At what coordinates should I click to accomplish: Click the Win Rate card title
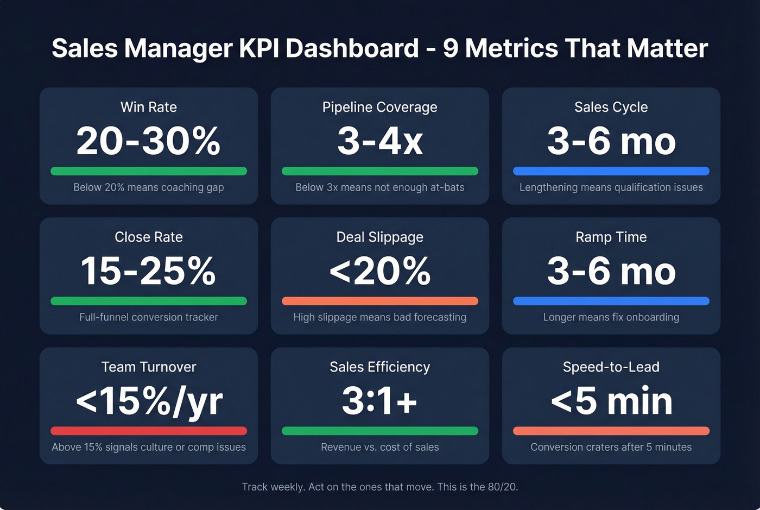click(148, 107)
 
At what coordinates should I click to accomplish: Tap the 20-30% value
click(148, 141)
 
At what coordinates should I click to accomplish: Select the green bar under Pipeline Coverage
click(379, 171)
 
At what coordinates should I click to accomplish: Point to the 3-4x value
click(379, 141)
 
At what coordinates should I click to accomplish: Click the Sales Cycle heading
click(611, 107)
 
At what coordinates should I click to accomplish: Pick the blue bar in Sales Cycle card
click(611, 171)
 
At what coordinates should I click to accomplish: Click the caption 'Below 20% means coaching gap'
click(148, 187)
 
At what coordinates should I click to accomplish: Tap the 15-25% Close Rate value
click(148, 271)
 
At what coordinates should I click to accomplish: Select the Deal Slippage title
click(379, 237)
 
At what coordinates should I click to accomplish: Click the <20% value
click(379, 271)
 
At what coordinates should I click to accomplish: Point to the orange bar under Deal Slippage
click(379, 301)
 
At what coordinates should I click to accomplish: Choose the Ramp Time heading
click(611, 237)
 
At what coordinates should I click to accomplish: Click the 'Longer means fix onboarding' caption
click(611, 317)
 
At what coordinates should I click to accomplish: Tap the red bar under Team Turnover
click(148, 431)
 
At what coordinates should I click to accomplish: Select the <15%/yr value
click(148, 401)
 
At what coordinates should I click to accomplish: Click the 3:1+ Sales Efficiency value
click(379, 401)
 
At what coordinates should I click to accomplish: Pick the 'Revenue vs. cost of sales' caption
click(379, 447)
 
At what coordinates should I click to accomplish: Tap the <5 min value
click(611, 401)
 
